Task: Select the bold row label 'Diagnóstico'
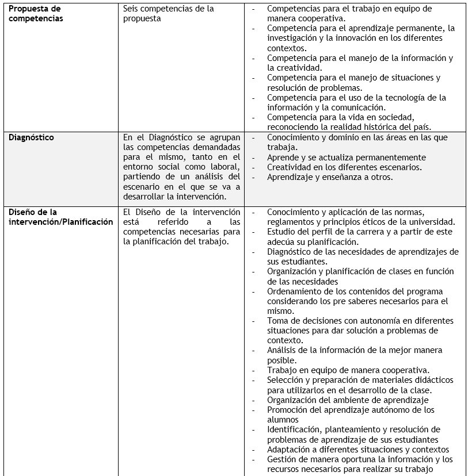coord(31,138)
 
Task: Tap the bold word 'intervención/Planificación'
coord(60,222)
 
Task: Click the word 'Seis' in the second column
coord(132,9)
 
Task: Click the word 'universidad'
coord(431,222)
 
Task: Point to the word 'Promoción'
coord(287,410)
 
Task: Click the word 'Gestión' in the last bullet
coord(281,459)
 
